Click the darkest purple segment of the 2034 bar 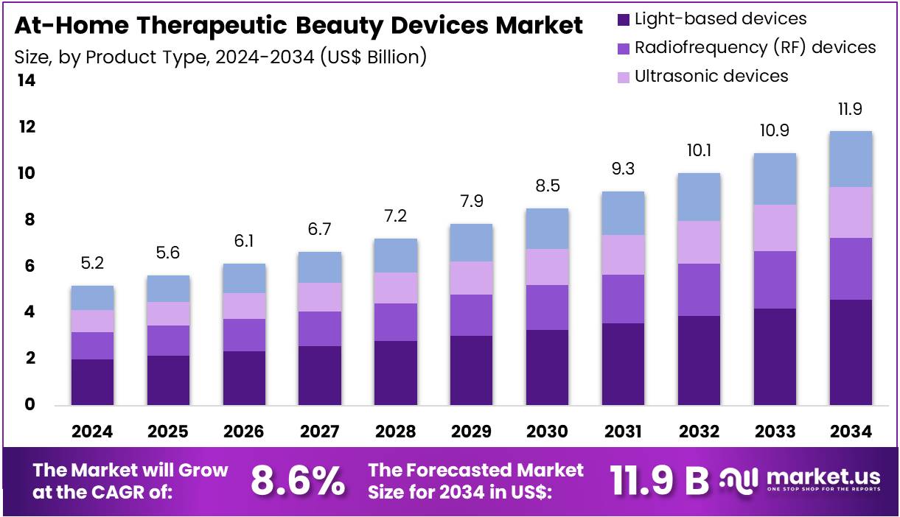851,352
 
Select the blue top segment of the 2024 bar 92,298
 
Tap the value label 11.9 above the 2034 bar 851,110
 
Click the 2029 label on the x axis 471,432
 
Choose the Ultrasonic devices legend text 711,76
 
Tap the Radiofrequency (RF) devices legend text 755,48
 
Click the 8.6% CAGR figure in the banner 298,481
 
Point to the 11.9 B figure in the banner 659,481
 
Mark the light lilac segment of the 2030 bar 547,267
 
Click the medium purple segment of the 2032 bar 699,289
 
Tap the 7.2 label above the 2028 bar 396,217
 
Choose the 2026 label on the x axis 244,432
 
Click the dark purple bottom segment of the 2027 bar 320,376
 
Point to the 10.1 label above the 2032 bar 699,151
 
